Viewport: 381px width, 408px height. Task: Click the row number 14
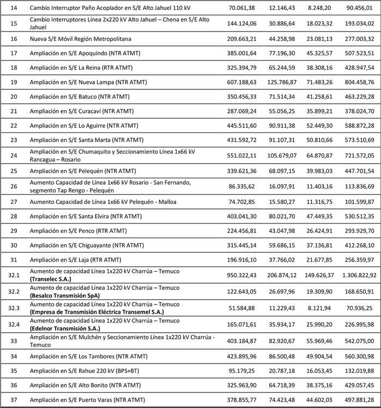point(14,7)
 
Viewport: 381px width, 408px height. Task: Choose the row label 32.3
point(14,308)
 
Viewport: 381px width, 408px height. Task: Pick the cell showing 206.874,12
point(283,275)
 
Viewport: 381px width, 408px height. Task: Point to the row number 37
point(14,400)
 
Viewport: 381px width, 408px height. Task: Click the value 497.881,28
point(356,400)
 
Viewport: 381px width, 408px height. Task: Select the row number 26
point(14,185)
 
